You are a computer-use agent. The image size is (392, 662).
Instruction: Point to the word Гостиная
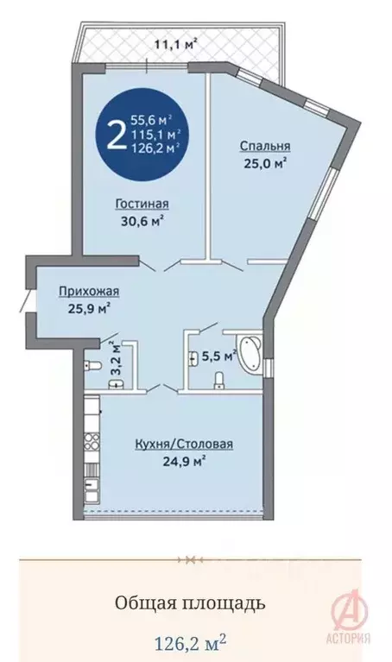[x=141, y=204]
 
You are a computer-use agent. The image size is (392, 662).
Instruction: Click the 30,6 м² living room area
[x=141, y=220]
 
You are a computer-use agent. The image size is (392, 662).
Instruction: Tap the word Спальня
[x=264, y=146]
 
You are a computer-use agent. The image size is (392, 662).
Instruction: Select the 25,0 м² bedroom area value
[x=264, y=161]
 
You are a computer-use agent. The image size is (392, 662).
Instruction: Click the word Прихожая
[x=83, y=291]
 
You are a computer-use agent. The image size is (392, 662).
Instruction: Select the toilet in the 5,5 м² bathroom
[x=219, y=379]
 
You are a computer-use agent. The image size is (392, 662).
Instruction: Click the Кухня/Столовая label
[x=184, y=444]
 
